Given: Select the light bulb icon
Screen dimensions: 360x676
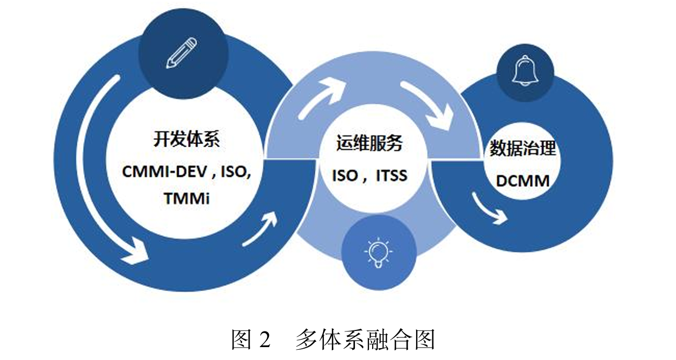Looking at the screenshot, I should coord(380,251).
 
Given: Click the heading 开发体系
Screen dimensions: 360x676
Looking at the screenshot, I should coord(187,140).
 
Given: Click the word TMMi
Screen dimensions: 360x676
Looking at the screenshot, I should coord(186,198).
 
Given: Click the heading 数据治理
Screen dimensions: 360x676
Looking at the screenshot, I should coord(523,148).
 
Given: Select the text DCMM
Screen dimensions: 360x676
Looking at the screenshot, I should coord(522,181).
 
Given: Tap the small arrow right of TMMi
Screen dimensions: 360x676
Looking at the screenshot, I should coord(262,228).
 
